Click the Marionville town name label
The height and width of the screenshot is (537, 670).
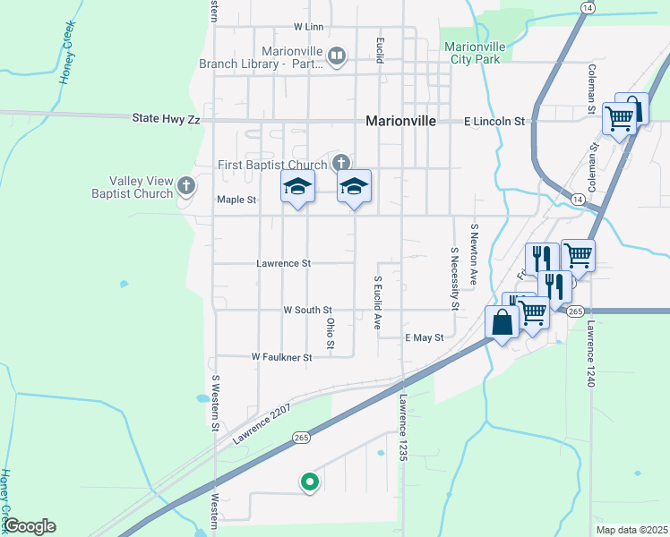[x=400, y=122]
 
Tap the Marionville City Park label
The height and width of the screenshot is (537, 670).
[x=475, y=53]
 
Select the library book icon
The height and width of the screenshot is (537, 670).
[x=337, y=56]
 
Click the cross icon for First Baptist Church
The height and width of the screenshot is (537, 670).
[x=339, y=162]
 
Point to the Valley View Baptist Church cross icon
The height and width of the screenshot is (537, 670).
[x=186, y=185]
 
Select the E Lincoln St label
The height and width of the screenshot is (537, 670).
[x=494, y=121]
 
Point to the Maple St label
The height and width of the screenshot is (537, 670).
[x=236, y=200]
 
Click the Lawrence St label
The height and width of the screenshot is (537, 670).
[x=283, y=264]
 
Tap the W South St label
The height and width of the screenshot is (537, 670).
[x=307, y=310]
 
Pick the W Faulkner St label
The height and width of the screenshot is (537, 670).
[x=281, y=357]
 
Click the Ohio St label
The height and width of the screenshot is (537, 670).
[x=331, y=332]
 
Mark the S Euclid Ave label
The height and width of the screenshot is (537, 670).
[x=378, y=303]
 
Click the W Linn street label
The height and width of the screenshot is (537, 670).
[x=307, y=28]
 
